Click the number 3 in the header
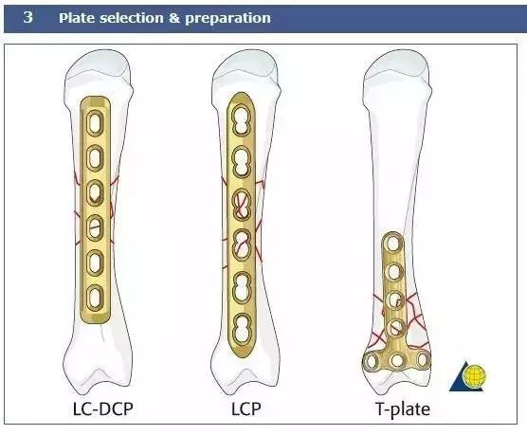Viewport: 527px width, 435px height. coord(28,17)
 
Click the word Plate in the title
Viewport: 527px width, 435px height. coord(77,18)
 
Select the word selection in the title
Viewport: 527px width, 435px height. coord(131,18)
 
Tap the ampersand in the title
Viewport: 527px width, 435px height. coord(173,18)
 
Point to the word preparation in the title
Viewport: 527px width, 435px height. coord(227,19)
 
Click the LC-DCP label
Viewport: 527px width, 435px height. coord(103,408)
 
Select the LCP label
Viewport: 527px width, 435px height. coord(245,408)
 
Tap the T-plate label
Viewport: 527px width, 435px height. coord(403,408)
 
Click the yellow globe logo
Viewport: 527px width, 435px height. coord(474,375)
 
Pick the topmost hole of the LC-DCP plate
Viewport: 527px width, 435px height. coord(95,122)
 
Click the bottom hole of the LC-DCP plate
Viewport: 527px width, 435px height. coord(95,298)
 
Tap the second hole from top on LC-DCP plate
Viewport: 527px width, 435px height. coord(95,157)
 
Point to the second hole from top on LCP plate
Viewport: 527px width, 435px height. coord(242,162)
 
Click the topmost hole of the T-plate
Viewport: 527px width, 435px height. coord(393,243)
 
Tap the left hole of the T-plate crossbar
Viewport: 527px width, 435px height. coord(372,361)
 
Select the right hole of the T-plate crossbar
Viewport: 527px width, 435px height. coord(423,360)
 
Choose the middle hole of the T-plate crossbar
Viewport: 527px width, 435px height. coord(397,361)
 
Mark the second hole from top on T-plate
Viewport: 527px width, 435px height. coord(394,272)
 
